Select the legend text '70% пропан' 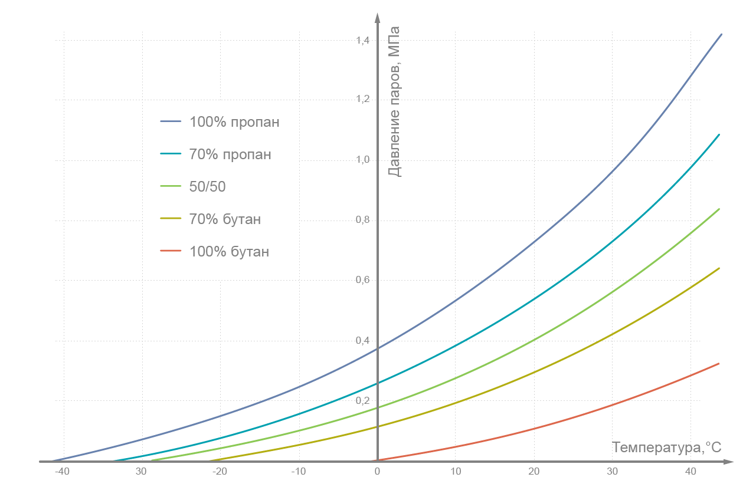pyautogui.click(x=230, y=155)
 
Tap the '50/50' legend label pyautogui.click(x=208, y=187)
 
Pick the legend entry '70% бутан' pyautogui.click(x=225, y=219)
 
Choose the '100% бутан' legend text pyautogui.click(x=229, y=252)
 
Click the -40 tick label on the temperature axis pyautogui.click(x=63, y=472)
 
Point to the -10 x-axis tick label pyautogui.click(x=298, y=472)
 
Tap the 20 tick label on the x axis pyautogui.click(x=534, y=472)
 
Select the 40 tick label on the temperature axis pyautogui.click(x=691, y=472)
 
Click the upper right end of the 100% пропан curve pyautogui.click(x=721, y=34)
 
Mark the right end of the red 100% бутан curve pyautogui.click(x=719, y=363)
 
